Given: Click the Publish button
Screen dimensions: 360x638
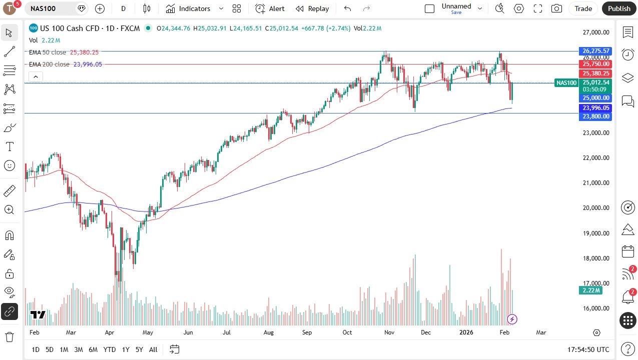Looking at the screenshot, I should point(619,8).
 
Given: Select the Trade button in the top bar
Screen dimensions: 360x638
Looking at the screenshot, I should point(583,8).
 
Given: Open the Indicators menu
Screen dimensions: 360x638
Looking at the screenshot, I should point(195,8).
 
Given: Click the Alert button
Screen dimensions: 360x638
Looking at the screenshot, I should point(270,8).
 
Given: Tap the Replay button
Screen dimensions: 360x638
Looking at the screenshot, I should point(312,8).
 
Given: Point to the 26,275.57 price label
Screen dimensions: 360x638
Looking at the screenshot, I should point(595,51).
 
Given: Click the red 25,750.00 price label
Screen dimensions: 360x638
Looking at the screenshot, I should point(595,64).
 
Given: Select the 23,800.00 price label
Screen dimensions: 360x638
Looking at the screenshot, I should point(595,116).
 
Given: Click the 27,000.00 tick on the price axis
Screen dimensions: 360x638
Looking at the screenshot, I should point(595,32).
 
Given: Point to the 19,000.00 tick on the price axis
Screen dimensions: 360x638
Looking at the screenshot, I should point(595,233).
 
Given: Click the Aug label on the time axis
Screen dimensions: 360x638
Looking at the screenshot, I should point(269,332).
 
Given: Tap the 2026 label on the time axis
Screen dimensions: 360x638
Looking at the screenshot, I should point(466,332).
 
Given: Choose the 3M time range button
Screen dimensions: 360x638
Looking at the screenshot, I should point(78,349).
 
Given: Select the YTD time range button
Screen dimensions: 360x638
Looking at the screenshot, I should point(109,349).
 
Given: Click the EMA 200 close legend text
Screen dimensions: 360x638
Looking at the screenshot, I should point(49,64).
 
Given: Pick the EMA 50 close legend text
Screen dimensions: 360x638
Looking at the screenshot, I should point(48,52).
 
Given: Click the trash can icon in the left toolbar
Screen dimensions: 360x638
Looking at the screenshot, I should point(9,337).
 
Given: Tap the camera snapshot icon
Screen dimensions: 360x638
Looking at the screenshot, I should point(556,8).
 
